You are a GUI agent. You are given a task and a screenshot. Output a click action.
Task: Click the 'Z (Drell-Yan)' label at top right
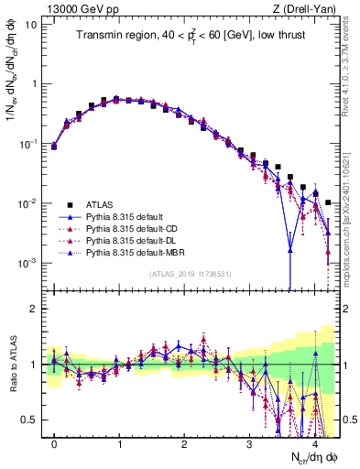click(x=307, y=7)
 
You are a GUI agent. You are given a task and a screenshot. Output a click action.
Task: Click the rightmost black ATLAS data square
click(x=328, y=202)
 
